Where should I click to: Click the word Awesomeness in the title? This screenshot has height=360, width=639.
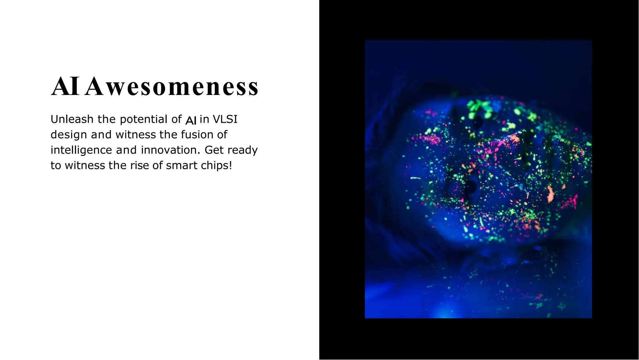pyautogui.click(x=172, y=87)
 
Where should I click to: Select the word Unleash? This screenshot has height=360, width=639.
pyautogui.click(x=72, y=119)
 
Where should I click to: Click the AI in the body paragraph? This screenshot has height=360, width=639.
pyautogui.click(x=191, y=120)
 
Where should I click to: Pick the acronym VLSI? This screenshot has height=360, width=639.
pyautogui.click(x=225, y=119)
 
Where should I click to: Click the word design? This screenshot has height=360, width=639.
pyautogui.click(x=69, y=135)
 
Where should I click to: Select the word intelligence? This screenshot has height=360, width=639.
pyautogui.click(x=81, y=150)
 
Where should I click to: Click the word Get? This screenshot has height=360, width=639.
pyautogui.click(x=214, y=150)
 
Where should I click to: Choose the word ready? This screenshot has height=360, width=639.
pyautogui.click(x=242, y=150)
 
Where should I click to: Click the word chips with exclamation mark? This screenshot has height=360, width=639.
pyautogui.click(x=217, y=165)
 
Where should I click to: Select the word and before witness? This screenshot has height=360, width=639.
pyautogui.click(x=101, y=135)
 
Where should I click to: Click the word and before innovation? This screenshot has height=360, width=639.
pyautogui.click(x=126, y=150)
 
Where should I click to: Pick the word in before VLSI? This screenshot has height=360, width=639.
pyautogui.click(x=204, y=119)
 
